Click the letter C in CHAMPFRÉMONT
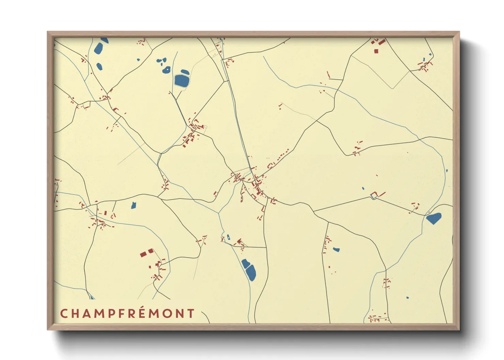tap(64, 313)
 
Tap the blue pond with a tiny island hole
tap(167, 70)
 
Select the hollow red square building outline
tap(374, 195)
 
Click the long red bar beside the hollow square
tap(381, 194)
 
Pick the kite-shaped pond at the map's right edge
tap(434, 218)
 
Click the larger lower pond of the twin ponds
tap(251, 273)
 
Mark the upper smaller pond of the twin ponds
tap(245, 263)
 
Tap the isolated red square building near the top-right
tap(376, 51)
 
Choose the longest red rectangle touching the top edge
tap(382, 42)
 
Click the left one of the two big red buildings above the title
tap(143, 254)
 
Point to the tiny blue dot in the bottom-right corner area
tap(408, 298)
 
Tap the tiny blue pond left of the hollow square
tap(363, 188)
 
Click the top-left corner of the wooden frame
tap(48, 32)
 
